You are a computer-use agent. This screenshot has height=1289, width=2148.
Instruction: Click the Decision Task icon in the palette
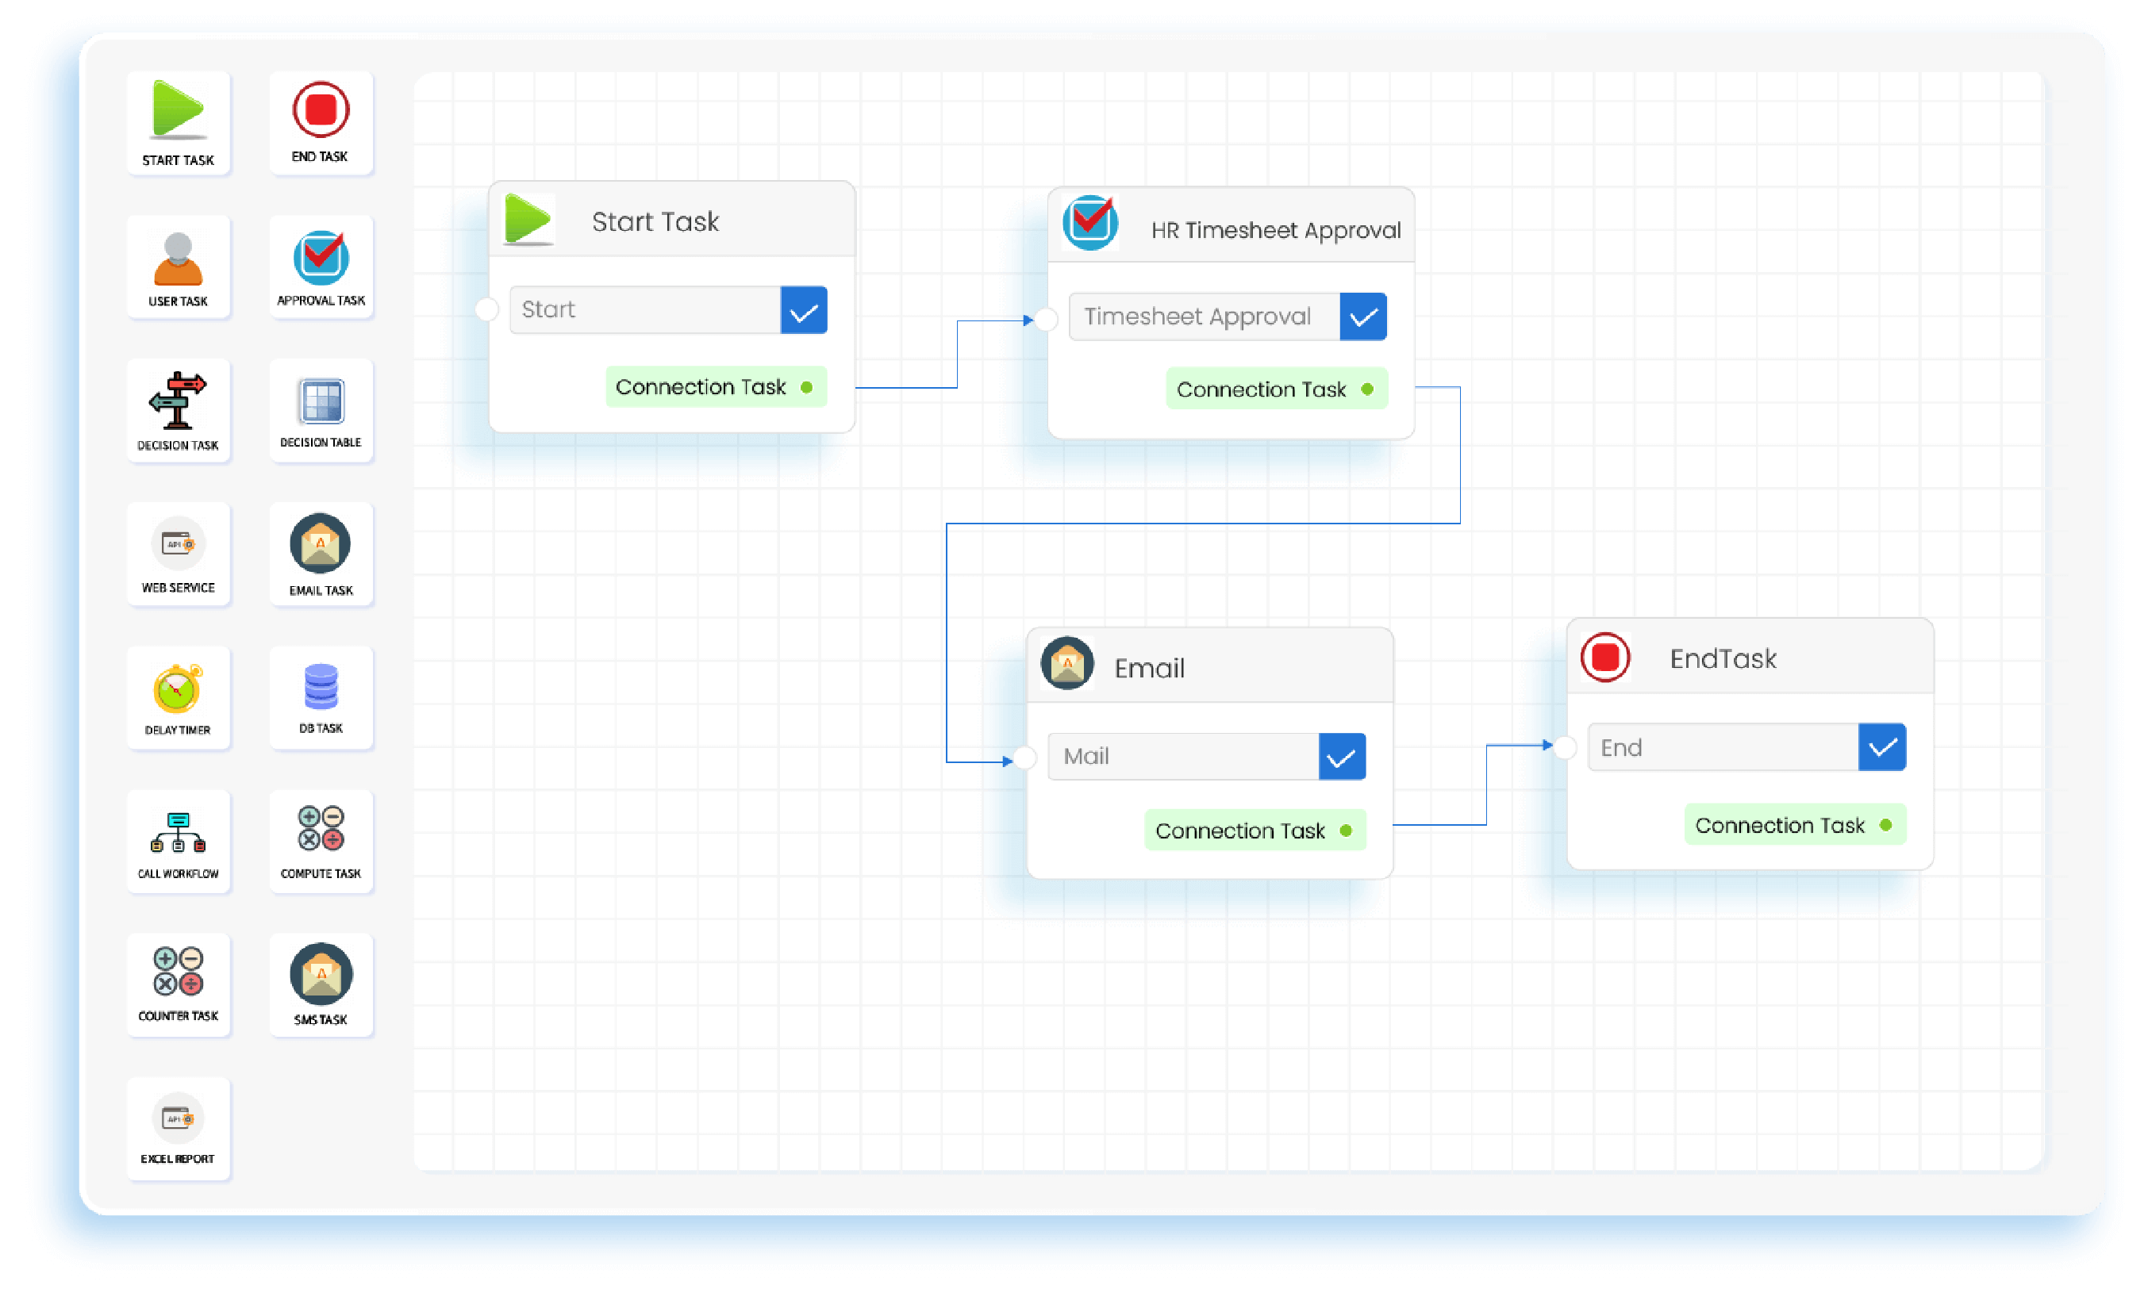click(x=177, y=401)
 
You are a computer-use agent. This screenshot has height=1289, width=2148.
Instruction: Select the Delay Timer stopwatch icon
click(x=177, y=689)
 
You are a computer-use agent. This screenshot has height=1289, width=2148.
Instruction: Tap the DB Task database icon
click(x=321, y=686)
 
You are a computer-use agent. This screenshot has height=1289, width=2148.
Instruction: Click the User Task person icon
click(x=178, y=259)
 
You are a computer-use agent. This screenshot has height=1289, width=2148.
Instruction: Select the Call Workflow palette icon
click(x=178, y=832)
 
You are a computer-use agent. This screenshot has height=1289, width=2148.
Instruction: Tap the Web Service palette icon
click(x=178, y=545)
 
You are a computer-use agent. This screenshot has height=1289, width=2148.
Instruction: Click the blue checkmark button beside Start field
click(x=804, y=310)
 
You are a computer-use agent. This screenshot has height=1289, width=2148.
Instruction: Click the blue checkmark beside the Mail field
click(x=1342, y=757)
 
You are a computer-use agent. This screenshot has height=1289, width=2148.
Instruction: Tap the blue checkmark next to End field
click(x=1882, y=748)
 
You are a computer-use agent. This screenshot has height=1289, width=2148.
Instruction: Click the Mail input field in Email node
click(x=1182, y=757)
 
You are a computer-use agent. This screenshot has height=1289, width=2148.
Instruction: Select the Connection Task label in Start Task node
click(x=701, y=387)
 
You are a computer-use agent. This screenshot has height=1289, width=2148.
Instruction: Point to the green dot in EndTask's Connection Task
click(x=1885, y=825)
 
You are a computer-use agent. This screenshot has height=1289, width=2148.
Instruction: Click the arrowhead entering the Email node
click(x=1007, y=762)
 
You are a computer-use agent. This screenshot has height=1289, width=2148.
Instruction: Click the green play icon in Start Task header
click(x=528, y=219)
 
